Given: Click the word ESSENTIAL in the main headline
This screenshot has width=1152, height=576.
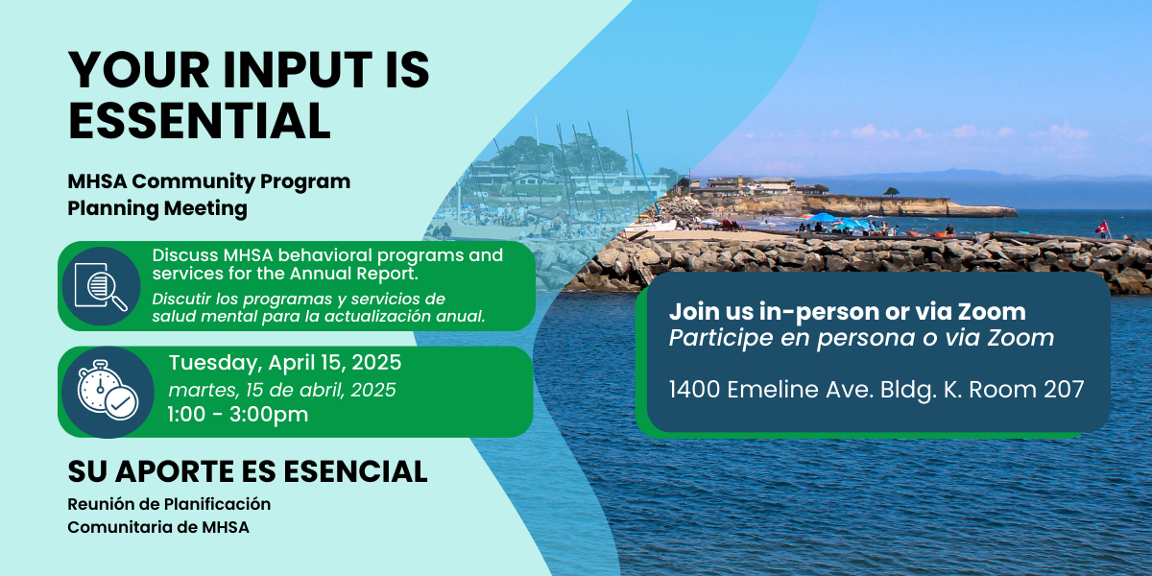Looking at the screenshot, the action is click(200, 121).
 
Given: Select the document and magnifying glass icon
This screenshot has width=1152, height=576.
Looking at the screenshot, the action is click(102, 286).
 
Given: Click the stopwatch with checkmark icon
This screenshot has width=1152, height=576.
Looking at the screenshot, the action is click(108, 391).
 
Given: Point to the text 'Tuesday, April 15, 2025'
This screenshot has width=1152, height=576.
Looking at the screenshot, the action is click(285, 363).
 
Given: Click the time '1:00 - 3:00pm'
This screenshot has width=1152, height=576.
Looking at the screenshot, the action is click(238, 415).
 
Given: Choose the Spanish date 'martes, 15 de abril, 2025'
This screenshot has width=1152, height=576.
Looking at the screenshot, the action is click(282, 391).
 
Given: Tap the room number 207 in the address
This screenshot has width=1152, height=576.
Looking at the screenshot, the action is click(1064, 390).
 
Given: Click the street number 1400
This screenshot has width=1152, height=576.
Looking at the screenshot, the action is click(694, 390).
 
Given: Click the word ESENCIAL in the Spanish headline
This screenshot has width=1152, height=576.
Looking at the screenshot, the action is click(355, 471).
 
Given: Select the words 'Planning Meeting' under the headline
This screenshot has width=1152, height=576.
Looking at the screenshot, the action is click(157, 209).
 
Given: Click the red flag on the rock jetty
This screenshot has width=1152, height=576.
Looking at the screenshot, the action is click(1101, 228).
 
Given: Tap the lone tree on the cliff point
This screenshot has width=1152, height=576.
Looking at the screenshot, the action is click(891, 192).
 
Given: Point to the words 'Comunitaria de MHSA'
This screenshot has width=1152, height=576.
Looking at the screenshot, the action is click(158, 528).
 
